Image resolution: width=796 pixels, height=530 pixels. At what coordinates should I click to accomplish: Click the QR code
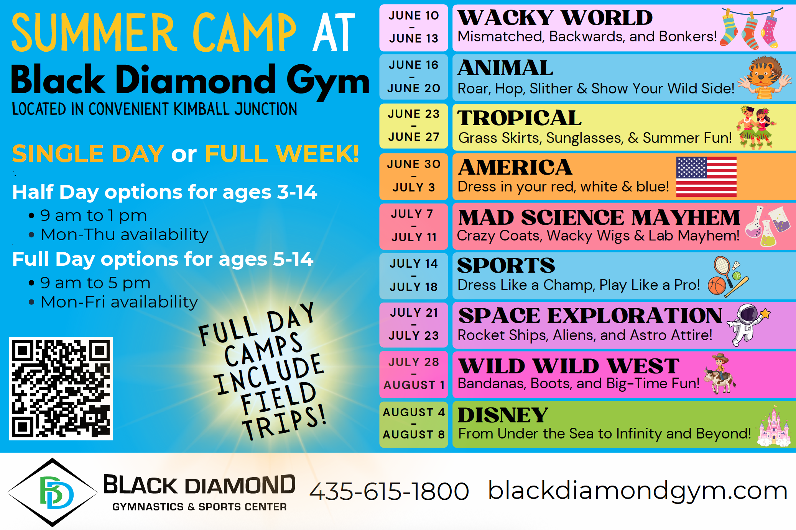61,389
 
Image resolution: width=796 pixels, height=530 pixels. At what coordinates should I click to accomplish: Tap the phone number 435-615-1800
389,491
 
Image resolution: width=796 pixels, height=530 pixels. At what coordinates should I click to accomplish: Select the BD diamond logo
53,492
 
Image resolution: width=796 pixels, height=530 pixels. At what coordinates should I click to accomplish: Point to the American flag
706,177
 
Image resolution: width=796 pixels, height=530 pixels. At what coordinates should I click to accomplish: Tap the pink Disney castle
774,426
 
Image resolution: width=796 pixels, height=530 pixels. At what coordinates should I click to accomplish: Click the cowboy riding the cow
720,374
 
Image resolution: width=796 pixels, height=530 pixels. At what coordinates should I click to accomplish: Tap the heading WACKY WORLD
555,18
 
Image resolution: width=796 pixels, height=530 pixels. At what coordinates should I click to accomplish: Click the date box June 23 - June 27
414,126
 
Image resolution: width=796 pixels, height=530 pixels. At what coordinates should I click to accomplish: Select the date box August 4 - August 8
414,424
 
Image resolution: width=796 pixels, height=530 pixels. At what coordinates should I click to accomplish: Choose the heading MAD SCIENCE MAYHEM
599,218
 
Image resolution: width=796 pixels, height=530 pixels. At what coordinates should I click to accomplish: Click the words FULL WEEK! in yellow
282,154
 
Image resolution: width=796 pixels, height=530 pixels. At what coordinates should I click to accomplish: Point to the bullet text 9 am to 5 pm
95,283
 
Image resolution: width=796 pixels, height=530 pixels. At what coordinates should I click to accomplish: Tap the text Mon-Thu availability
125,234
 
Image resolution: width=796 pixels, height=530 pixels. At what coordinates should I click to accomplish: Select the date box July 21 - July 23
414,324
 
